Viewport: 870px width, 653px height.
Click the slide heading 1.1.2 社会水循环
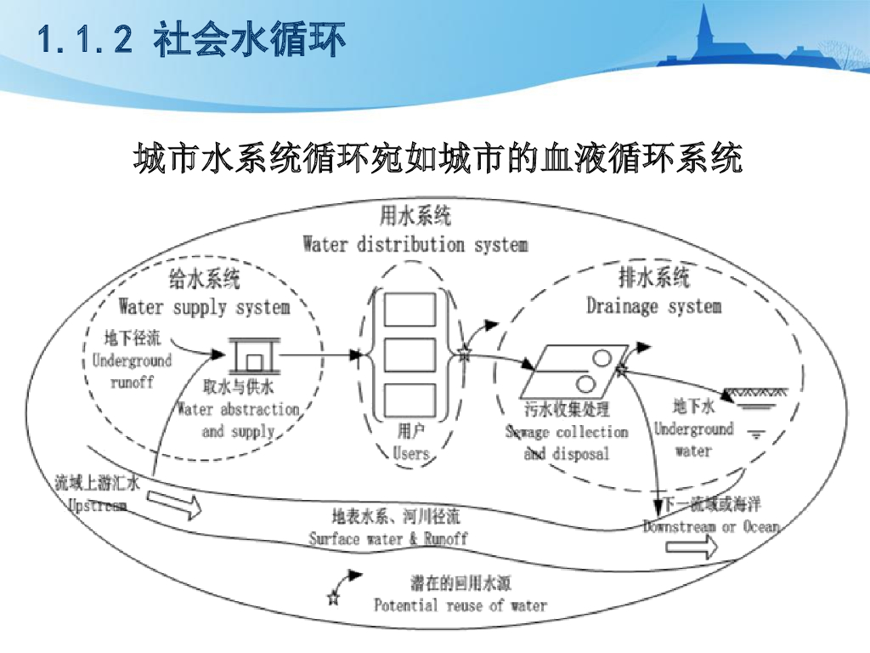coord(192,41)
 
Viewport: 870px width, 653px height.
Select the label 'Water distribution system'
coord(415,245)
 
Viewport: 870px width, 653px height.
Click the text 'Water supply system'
coord(204,306)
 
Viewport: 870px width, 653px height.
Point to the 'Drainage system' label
coord(653,306)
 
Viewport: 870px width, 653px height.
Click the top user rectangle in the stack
coord(410,309)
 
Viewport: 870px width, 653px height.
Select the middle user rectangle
coord(410,355)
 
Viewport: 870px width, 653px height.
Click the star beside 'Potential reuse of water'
coord(332,599)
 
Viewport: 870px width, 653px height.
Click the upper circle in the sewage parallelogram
coord(602,358)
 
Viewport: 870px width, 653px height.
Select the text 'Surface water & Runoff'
coord(387,538)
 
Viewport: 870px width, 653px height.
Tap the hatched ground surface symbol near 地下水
coord(754,393)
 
